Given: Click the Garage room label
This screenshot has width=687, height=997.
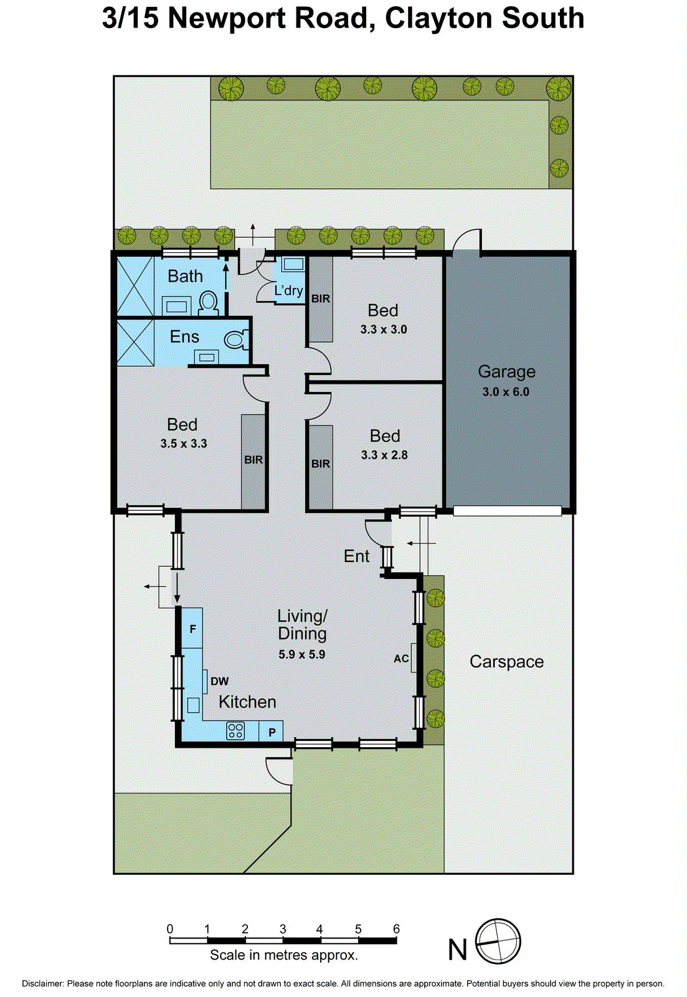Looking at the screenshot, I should [506, 371].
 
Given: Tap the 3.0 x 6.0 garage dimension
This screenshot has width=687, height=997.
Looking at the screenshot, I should [506, 392].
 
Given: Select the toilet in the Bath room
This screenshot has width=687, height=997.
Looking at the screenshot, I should [209, 303].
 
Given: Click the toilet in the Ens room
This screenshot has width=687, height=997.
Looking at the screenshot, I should [235, 340].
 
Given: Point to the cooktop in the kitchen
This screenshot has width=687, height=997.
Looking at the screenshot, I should [235, 730].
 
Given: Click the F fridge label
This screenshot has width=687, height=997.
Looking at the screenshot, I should [192, 629].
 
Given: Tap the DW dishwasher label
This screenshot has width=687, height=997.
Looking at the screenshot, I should [220, 681].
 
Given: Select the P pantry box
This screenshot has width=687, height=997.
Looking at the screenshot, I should [272, 732].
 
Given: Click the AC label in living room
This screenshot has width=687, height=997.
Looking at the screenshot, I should [401, 658].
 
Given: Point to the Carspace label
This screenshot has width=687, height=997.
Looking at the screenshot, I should [506, 662].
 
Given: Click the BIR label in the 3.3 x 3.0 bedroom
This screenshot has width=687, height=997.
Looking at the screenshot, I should [321, 298].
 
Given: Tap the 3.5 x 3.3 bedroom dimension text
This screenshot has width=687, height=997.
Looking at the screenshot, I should [184, 444].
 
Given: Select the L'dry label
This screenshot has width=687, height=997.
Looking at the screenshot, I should [288, 290].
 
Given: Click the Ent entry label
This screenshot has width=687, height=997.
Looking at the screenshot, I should [356, 556].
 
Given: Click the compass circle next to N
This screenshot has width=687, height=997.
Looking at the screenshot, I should [498, 941].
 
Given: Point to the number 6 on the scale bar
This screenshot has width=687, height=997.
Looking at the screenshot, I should [396, 928].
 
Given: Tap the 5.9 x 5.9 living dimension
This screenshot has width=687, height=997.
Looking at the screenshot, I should [301, 654].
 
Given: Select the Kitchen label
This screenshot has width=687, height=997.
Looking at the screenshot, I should [247, 702].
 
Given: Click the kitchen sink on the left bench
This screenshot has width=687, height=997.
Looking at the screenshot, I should [194, 705].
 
